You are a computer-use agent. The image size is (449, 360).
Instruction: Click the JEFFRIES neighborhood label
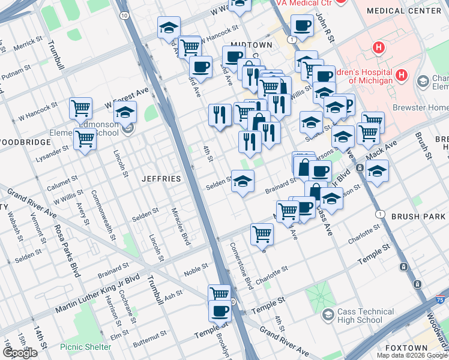[x=161, y=179]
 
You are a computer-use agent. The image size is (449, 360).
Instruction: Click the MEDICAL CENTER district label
[x=412, y=11]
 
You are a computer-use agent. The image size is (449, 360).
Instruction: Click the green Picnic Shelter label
[x=85, y=347]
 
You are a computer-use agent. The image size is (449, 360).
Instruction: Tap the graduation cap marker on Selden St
[x=243, y=182]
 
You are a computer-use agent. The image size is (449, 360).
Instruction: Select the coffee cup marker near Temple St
[x=220, y=311]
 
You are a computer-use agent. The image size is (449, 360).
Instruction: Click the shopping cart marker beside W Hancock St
[x=80, y=108]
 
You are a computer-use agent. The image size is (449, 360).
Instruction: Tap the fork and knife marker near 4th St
[x=220, y=113]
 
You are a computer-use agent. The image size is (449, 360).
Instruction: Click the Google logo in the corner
[x=19, y=353]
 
